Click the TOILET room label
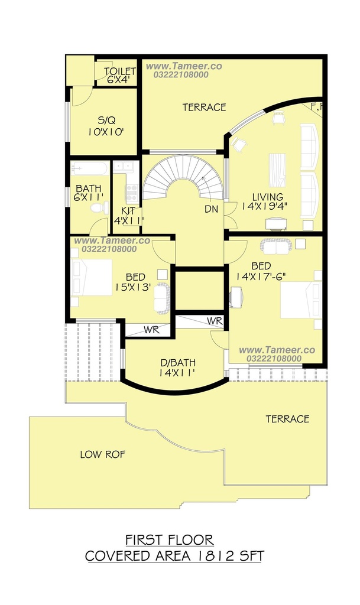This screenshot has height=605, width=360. (119, 71)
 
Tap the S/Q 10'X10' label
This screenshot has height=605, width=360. (106, 126)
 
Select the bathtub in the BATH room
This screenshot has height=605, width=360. (89, 169)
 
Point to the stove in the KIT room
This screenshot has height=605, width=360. (132, 193)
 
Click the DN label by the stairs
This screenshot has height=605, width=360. (211, 209)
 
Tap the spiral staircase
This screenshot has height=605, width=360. (183, 177)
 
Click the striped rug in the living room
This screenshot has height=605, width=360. (277, 170)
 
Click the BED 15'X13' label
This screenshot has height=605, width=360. (133, 282)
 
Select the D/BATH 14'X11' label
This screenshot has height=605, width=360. (178, 367)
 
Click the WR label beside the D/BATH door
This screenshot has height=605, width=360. (215, 321)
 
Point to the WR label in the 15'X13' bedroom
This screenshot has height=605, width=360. (152, 330)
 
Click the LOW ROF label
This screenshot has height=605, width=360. (103, 454)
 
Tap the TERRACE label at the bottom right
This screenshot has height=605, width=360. (287, 419)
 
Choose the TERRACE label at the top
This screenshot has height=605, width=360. (204, 108)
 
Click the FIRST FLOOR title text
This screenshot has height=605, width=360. (170, 539)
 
